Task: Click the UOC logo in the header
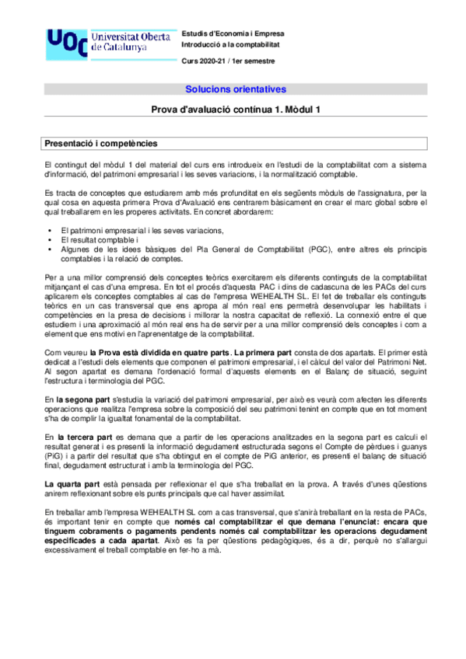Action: [65, 44]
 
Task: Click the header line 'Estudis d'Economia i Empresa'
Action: [233, 34]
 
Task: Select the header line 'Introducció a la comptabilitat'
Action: [229, 46]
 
